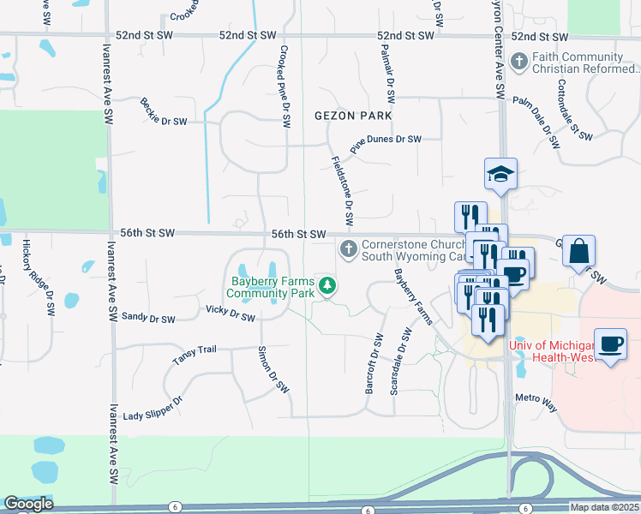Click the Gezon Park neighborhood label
(x=353, y=116)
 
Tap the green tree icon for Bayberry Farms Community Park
(x=326, y=286)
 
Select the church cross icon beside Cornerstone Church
(x=348, y=249)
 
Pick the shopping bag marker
(x=579, y=252)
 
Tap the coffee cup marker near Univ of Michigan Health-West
(x=609, y=344)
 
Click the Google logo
(x=28, y=504)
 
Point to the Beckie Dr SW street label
(x=164, y=111)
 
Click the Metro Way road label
(x=536, y=403)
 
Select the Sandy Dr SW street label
(x=148, y=318)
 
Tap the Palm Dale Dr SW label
(x=542, y=116)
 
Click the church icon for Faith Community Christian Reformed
(x=518, y=62)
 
